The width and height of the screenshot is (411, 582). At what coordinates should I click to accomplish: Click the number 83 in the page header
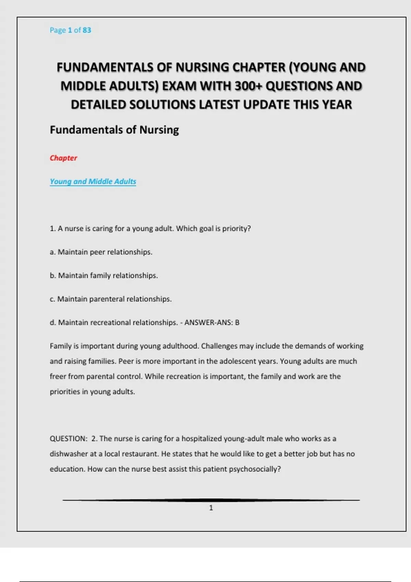tap(87, 30)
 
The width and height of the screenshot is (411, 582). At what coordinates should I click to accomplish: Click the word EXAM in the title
tap(179, 86)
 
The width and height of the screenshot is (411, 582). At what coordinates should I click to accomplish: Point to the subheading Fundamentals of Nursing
tap(114, 130)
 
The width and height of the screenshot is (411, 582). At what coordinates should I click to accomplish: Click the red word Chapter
tap(63, 158)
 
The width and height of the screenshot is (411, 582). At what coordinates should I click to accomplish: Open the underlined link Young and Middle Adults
tap(93, 181)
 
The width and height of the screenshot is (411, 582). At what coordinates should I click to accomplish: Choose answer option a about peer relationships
tap(101, 252)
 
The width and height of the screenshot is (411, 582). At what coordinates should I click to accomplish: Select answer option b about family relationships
tap(104, 276)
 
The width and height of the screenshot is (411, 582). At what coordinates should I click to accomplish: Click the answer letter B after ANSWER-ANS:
tap(237, 322)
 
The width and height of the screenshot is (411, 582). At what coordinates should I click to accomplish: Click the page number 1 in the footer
tap(211, 508)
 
